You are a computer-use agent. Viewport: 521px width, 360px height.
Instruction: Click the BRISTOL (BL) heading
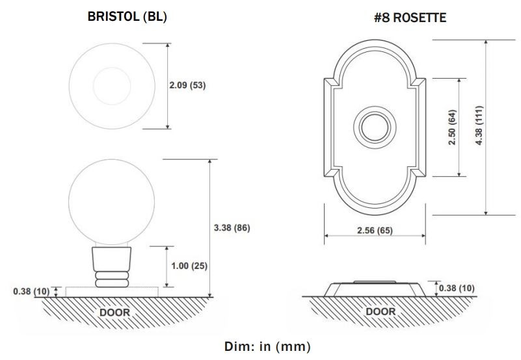pyautogui.click(x=127, y=17)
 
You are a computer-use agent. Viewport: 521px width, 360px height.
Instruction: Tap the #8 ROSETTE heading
pyautogui.click(x=410, y=18)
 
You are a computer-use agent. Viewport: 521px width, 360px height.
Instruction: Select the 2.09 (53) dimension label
pyautogui.click(x=187, y=85)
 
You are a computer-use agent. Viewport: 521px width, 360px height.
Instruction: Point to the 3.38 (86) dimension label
pyautogui.click(x=232, y=228)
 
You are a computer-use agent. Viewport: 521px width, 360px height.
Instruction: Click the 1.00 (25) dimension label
pyautogui.click(x=189, y=266)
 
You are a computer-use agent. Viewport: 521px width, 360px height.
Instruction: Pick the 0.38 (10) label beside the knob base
pyautogui.click(x=31, y=291)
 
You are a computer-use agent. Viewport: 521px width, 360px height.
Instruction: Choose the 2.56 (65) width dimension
pyautogui.click(x=375, y=230)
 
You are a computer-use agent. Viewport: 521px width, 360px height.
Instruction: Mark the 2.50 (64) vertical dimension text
pyautogui.click(x=452, y=127)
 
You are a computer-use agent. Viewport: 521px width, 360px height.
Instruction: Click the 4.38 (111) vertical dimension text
pyautogui.click(x=479, y=125)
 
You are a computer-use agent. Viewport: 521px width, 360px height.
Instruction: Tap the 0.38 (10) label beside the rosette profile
pyautogui.click(x=457, y=288)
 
